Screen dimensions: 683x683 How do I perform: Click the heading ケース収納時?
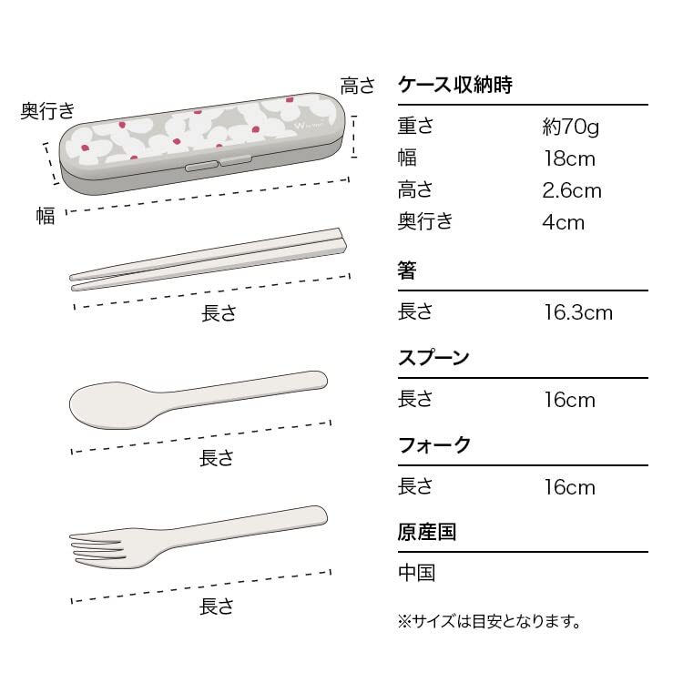(455, 86)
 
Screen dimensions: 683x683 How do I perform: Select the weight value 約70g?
(570, 127)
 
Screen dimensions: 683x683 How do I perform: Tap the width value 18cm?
(569, 159)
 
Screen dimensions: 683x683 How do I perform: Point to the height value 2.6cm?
(573, 190)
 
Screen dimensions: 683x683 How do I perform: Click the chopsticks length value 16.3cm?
(578, 312)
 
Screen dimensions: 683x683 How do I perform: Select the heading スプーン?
(434, 357)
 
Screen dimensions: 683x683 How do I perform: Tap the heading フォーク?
(434, 445)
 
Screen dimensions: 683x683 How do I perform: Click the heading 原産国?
(427, 532)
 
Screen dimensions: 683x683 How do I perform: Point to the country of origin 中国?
(417, 573)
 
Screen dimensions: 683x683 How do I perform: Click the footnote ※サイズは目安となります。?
(489, 622)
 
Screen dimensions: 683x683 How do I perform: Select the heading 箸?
(407, 270)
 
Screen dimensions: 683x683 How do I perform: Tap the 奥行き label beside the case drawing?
(47, 111)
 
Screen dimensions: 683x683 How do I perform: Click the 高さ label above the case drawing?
(357, 87)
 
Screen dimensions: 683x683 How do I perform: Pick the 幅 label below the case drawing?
(46, 215)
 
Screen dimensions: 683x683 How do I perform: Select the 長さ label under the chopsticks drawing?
(219, 313)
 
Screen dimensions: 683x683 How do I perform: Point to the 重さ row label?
(415, 127)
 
